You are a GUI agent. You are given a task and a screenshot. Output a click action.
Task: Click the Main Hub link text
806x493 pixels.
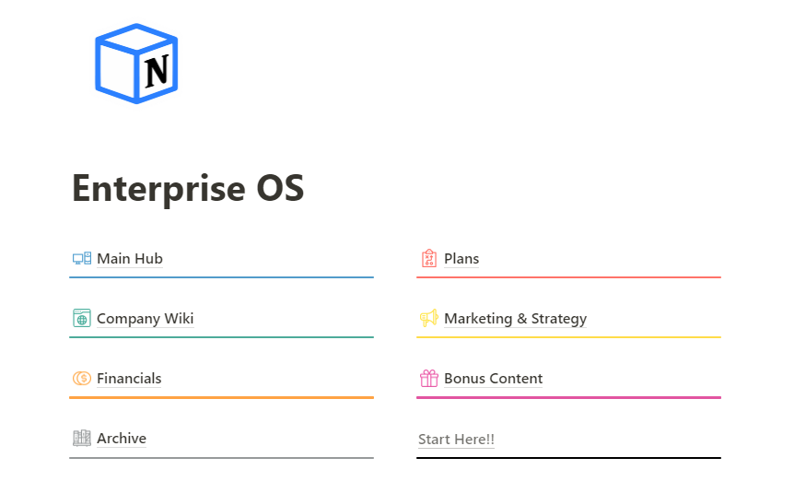pyautogui.click(x=130, y=259)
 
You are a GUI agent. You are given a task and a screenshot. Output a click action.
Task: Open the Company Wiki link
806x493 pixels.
pyautogui.click(x=145, y=319)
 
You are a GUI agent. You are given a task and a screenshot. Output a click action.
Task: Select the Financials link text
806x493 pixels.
pyautogui.click(x=129, y=379)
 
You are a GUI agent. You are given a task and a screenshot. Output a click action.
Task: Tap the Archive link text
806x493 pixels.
pyautogui.click(x=122, y=439)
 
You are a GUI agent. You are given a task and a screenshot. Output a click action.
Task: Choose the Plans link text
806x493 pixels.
pyautogui.click(x=461, y=259)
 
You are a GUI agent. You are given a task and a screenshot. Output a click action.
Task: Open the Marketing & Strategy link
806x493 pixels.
pyautogui.click(x=515, y=319)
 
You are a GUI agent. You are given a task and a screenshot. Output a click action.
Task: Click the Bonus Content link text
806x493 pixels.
pyautogui.click(x=493, y=379)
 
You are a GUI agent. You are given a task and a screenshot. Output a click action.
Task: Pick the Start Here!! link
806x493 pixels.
pyautogui.click(x=456, y=440)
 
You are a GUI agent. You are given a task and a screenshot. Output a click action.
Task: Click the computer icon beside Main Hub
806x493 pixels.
pyautogui.click(x=82, y=258)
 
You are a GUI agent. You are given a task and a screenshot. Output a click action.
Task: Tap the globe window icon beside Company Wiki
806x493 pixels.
pyautogui.click(x=82, y=318)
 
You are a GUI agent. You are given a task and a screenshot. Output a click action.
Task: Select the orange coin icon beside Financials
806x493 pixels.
pyautogui.click(x=82, y=379)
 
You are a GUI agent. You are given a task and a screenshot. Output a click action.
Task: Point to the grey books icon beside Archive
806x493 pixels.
pyautogui.click(x=82, y=438)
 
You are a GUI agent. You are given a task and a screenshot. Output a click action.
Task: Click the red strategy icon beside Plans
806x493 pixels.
pyautogui.click(x=429, y=258)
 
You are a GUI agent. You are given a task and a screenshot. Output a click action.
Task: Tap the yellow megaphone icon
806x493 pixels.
pyautogui.click(x=429, y=318)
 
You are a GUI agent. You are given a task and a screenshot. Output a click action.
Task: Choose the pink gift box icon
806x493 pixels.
pyautogui.click(x=429, y=379)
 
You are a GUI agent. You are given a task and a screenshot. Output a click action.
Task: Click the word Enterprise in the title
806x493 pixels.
pyautogui.click(x=158, y=189)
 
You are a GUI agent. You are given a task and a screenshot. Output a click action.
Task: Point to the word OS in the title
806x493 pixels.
pyautogui.click(x=280, y=188)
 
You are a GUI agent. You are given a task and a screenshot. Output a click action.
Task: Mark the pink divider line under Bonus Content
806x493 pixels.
pyautogui.click(x=568, y=397)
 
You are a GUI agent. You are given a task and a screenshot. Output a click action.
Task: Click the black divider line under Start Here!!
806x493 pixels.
pyautogui.click(x=568, y=458)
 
